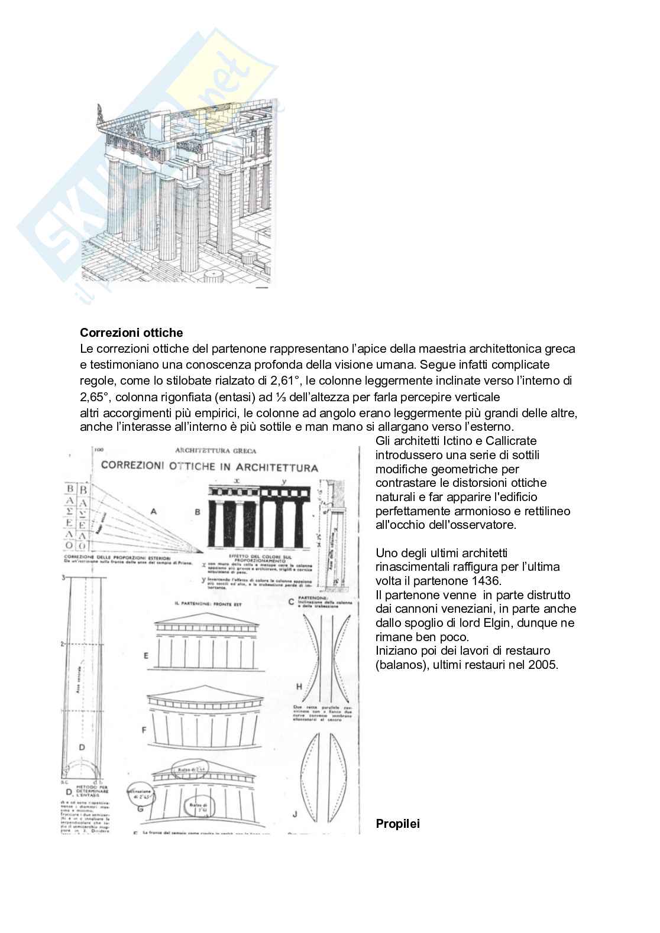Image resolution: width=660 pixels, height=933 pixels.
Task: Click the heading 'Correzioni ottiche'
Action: click(x=131, y=333)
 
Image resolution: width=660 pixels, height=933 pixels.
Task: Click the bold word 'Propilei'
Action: click(x=397, y=824)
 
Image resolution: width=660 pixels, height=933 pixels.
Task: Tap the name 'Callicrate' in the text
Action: click(x=511, y=441)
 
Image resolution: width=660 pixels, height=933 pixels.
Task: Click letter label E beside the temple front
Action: click(x=145, y=656)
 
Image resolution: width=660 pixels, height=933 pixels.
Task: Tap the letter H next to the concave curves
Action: click(x=299, y=687)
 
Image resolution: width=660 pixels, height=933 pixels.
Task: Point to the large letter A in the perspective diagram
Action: click(x=154, y=512)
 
